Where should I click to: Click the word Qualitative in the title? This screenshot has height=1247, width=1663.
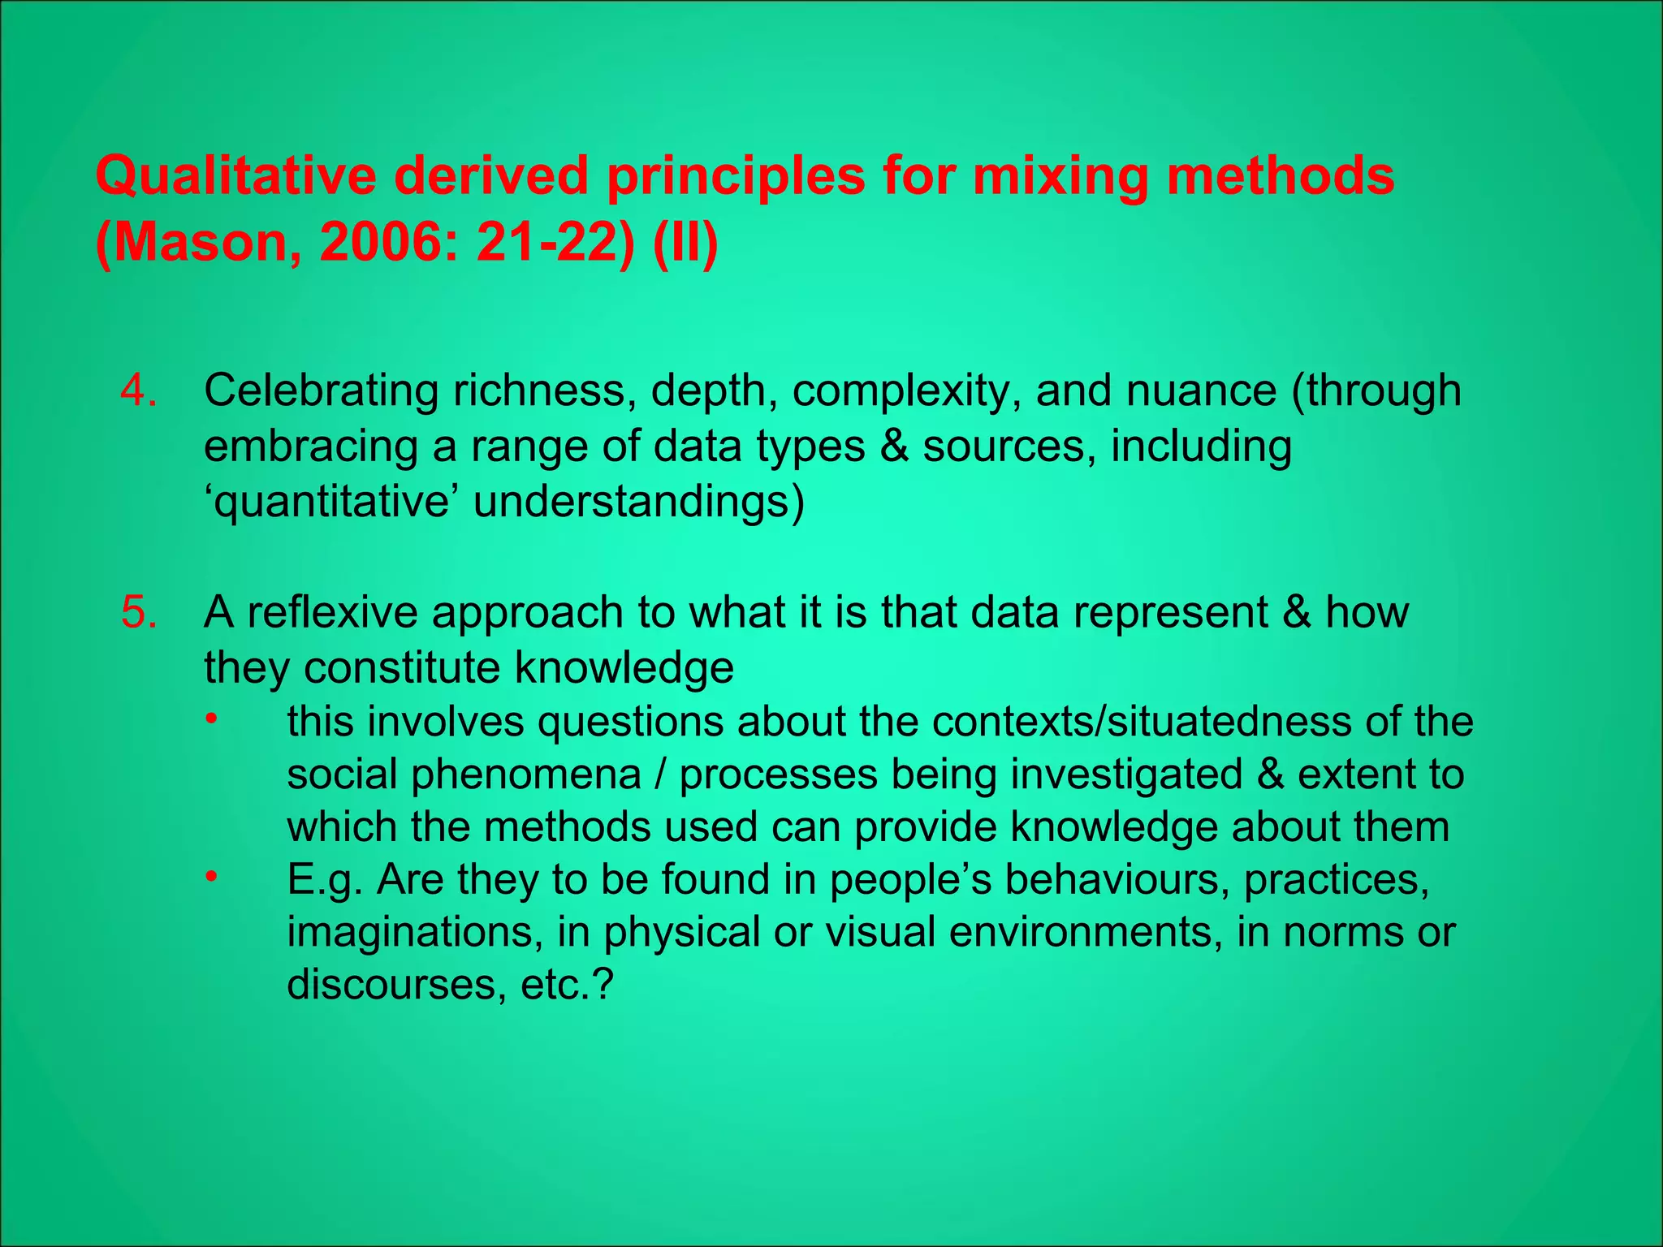(x=236, y=176)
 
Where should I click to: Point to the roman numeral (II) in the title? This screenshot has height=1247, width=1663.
(x=685, y=243)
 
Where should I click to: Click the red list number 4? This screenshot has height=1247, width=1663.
(x=139, y=390)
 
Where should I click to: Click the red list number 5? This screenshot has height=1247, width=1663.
(x=139, y=612)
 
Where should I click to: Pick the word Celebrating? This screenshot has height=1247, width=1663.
(x=321, y=390)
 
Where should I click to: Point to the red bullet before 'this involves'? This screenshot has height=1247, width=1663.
(x=211, y=719)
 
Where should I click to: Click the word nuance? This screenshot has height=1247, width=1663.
(x=1202, y=390)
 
